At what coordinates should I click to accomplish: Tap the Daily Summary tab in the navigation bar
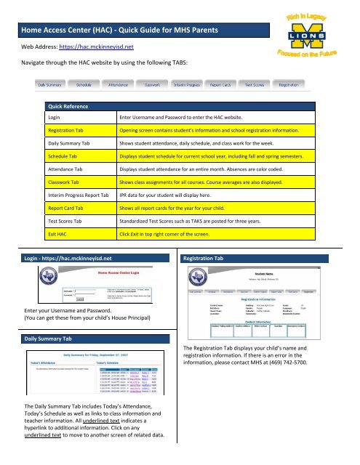[55, 85]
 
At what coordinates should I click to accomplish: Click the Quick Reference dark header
[68, 105]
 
